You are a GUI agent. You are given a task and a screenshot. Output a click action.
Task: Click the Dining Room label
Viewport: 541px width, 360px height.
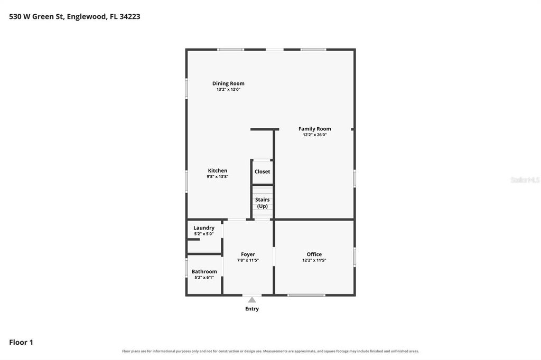pyautogui.click(x=228, y=83)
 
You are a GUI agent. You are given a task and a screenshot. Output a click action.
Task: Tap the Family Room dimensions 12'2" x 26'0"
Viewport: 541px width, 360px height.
pyautogui.click(x=315, y=135)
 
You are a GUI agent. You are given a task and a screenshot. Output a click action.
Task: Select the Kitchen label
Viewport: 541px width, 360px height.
pyautogui.click(x=217, y=170)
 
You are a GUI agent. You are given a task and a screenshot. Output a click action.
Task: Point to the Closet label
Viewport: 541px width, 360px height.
pyautogui.click(x=262, y=172)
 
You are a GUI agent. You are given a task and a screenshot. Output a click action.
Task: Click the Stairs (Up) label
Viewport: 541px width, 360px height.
pyautogui.click(x=262, y=203)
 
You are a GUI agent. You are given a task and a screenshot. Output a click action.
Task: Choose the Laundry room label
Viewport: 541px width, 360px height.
pyautogui.click(x=203, y=228)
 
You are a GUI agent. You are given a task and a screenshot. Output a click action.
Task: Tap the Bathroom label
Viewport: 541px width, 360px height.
pyautogui.click(x=204, y=272)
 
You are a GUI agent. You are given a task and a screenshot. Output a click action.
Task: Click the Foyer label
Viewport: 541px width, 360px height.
pyautogui.click(x=248, y=254)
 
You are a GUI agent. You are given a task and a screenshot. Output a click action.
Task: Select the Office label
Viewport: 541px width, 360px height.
pyautogui.click(x=314, y=254)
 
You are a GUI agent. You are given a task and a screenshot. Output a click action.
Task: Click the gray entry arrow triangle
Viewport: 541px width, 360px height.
pyautogui.click(x=252, y=300)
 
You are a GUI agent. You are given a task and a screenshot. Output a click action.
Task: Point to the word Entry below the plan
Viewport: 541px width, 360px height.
pyautogui.click(x=252, y=309)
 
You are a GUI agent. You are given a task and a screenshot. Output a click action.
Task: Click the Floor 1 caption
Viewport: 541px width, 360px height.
pyautogui.click(x=21, y=343)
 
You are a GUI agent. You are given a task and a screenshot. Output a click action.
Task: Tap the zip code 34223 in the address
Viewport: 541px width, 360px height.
pyautogui.click(x=130, y=16)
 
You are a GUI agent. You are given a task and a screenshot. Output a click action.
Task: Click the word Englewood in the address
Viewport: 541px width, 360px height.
pyautogui.click(x=87, y=16)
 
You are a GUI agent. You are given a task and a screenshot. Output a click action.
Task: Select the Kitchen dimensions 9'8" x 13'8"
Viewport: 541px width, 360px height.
pyautogui.click(x=217, y=176)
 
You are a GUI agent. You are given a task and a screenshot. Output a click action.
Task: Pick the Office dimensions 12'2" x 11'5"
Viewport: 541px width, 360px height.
pyautogui.click(x=314, y=260)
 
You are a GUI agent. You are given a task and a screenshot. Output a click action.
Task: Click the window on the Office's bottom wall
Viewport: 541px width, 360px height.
pyautogui.click(x=306, y=295)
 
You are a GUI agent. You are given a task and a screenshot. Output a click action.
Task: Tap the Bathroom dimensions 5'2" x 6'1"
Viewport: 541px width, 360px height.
pyautogui.click(x=204, y=278)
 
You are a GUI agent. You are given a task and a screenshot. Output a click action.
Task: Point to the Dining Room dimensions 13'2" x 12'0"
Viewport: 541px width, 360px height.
pyautogui.click(x=228, y=89)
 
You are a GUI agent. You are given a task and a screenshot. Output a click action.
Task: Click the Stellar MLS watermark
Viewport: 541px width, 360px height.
pyautogui.click(x=525, y=180)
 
